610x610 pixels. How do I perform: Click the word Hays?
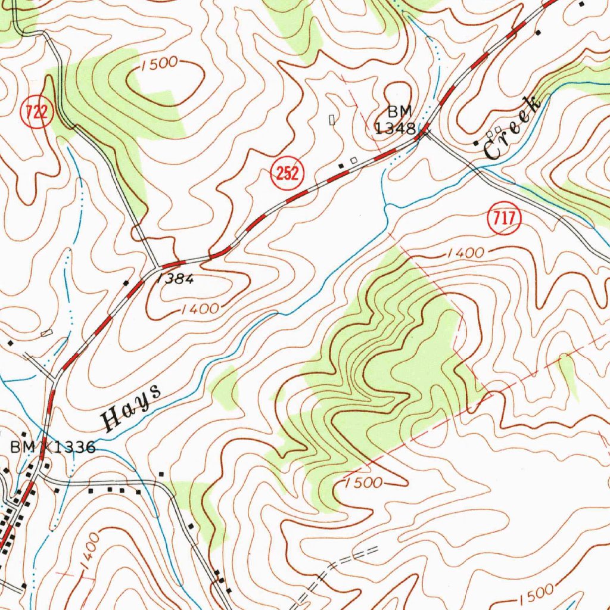(x=132, y=408)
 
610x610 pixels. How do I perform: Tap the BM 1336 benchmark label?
(x=52, y=447)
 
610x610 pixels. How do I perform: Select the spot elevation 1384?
(x=175, y=279)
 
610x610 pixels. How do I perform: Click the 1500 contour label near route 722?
(x=160, y=64)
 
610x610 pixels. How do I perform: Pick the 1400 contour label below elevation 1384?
(x=200, y=309)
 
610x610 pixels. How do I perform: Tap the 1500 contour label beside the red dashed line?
(x=363, y=483)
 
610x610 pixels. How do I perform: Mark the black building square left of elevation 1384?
(x=126, y=282)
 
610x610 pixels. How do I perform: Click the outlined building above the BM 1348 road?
(x=332, y=120)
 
